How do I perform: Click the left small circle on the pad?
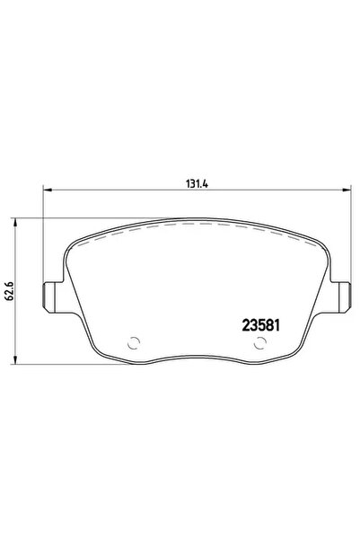click(x=134, y=342)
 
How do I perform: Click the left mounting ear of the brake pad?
click(x=51, y=292)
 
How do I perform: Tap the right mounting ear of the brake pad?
click(x=342, y=292)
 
